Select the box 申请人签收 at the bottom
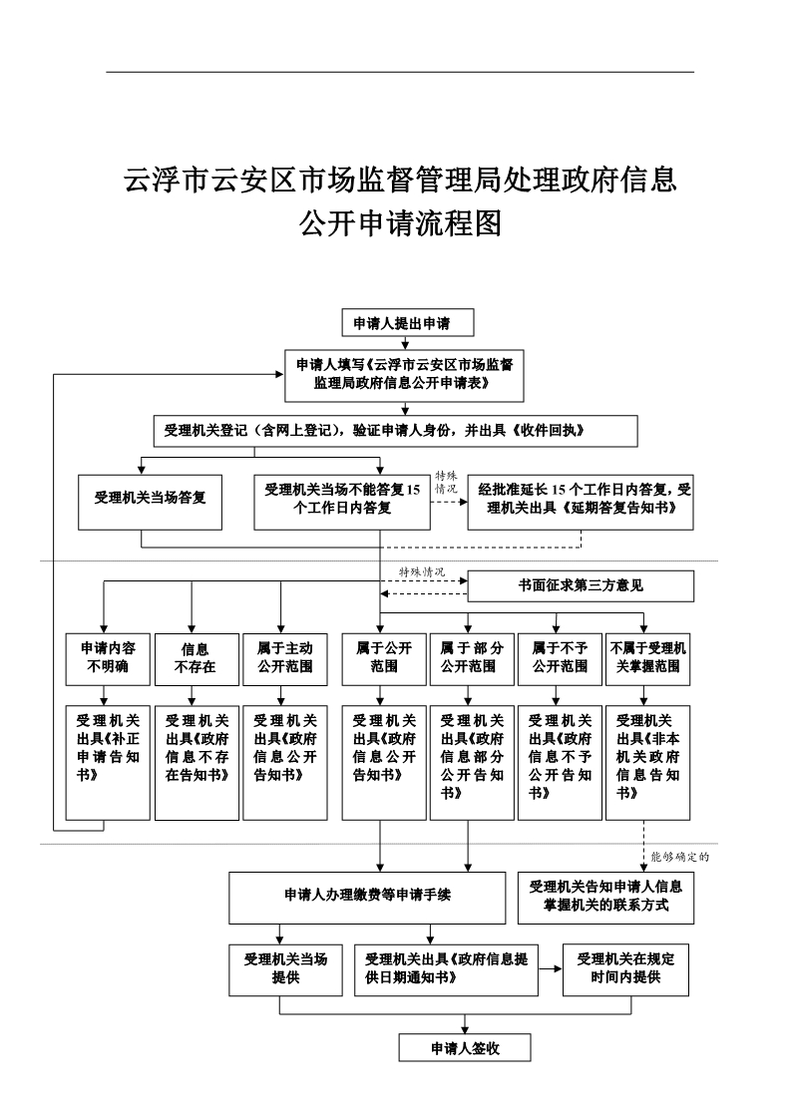tap(464, 1048)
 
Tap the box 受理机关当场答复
tap(150, 499)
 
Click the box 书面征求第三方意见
tap(581, 586)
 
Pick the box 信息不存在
tap(196, 658)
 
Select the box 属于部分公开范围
tap(469, 657)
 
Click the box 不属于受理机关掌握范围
tap(647, 657)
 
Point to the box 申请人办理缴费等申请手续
tap(368, 897)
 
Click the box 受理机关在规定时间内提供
tap(626, 968)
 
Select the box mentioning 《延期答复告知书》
tap(581, 499)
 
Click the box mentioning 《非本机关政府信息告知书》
tap(647, 763)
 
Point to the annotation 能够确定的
tap(685, 856)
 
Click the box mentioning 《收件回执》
tap(394, 431)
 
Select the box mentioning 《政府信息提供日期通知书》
tap(446, 968)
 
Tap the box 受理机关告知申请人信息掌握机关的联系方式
tap(606, 897)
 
